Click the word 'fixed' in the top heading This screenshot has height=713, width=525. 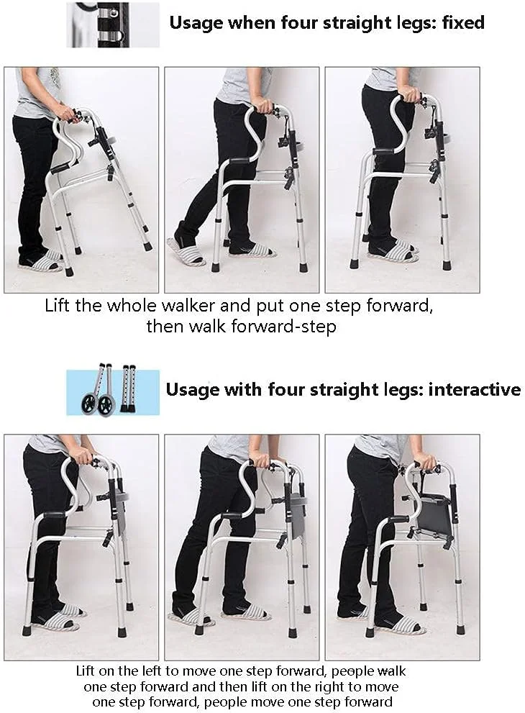point(462,22)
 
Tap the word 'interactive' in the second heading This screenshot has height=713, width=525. point(475,390)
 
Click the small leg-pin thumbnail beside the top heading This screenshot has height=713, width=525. point(113,24)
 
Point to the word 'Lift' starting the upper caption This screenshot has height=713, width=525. point(59,305)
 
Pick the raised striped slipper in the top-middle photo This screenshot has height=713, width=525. point(186,251)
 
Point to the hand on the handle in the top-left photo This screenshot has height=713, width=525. point(70,114)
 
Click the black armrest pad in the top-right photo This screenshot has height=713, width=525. point(385,152)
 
